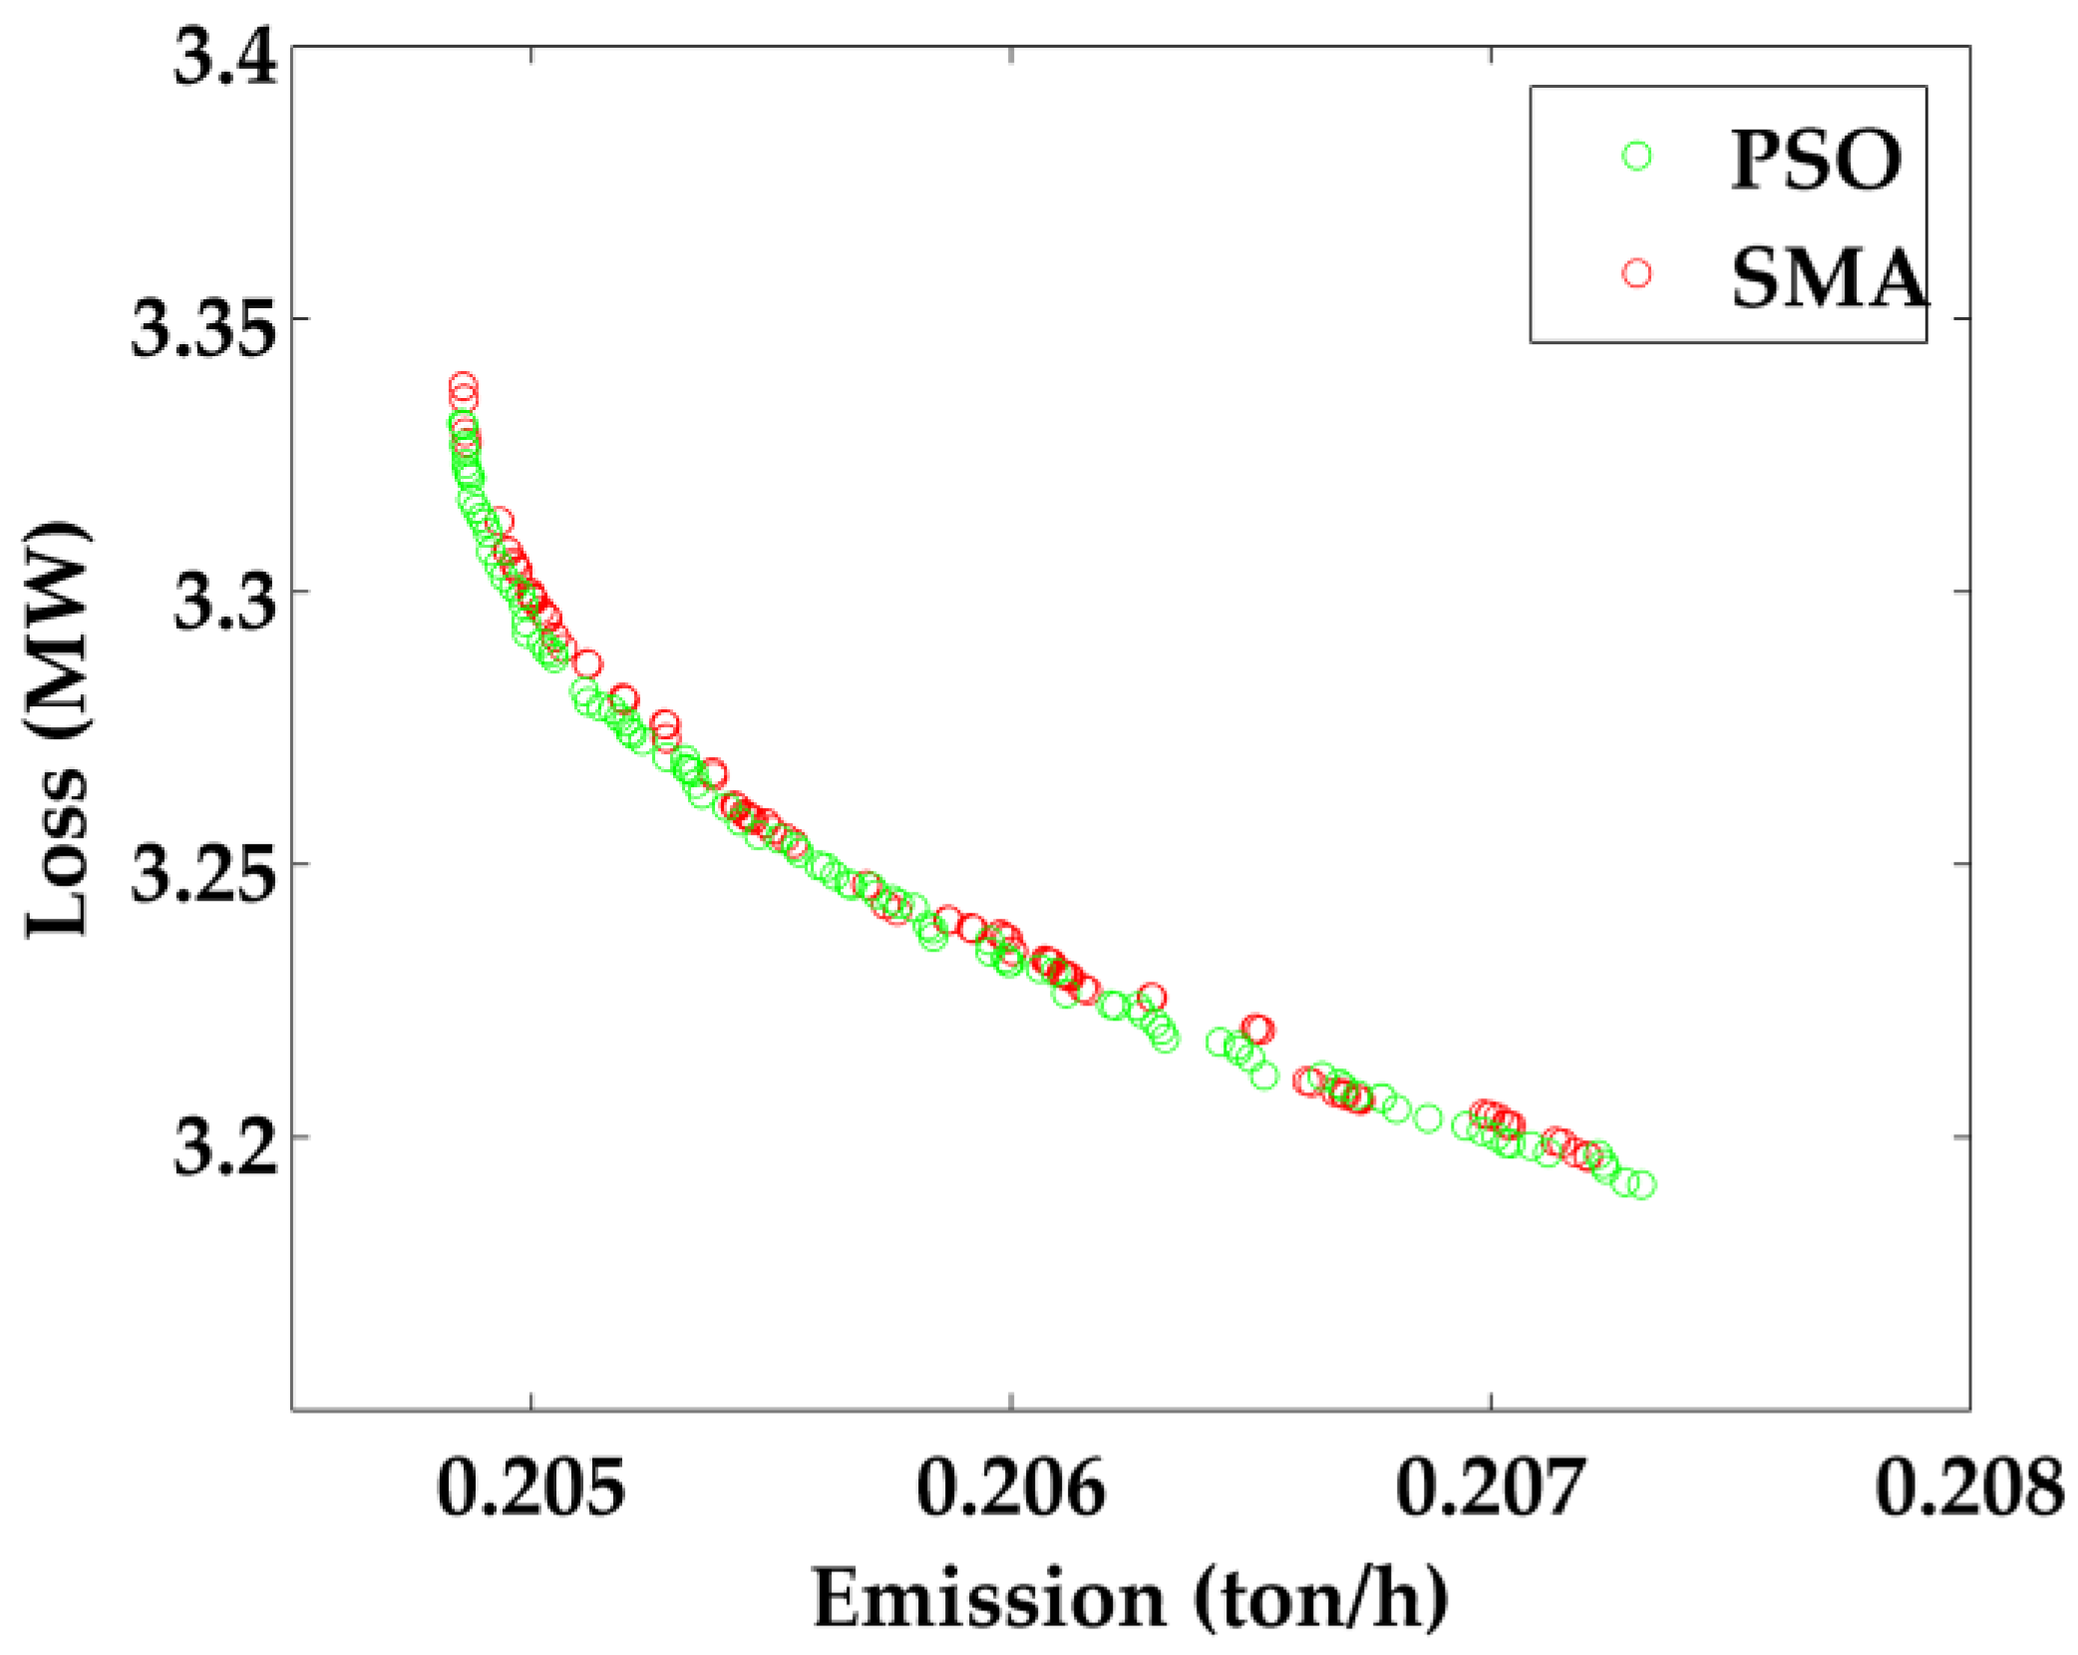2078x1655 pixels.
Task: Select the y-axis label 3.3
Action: coord(225,603)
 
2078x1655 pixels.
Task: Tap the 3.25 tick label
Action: coord(202,875)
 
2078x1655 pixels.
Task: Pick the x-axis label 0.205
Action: coord(530,1487)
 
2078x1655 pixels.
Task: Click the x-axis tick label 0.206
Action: coord(1010,1487)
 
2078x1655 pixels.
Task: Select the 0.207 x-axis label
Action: coord(1490,1487)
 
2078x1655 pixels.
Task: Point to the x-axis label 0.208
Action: coord(1969,1487)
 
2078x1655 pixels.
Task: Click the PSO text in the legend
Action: coord(1816,159)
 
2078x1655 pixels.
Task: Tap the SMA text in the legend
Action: coord(1829,276)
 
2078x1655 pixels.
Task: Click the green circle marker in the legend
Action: coord(1636,156)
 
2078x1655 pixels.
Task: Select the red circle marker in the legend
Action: coord(1636,273)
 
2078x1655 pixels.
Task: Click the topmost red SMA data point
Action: coord(463,384)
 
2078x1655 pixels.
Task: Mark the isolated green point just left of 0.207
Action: coord(1429,1118)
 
